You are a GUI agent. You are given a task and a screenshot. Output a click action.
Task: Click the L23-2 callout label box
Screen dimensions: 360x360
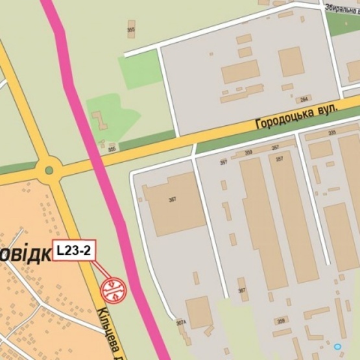coord(74,250)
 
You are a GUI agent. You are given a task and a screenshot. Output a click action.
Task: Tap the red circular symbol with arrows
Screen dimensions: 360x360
coord(114,289)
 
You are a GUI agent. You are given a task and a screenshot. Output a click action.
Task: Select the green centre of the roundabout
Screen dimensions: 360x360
coord(48,171)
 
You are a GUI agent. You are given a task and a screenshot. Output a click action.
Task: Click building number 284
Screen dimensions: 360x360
coord(304,100)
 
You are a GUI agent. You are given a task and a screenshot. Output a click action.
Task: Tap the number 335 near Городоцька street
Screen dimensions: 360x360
coord(332,133)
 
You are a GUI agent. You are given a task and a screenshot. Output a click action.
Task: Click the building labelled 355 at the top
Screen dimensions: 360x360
coord(132,29)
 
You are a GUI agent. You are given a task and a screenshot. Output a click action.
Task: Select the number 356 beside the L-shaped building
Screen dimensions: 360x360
coord(112,149)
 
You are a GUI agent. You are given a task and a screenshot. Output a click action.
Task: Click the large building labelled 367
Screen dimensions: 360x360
coord(172,198)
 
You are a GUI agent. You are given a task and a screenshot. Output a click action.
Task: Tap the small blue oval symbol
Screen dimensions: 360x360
coord(337,347)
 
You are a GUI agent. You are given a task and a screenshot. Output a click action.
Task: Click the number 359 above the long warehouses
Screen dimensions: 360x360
coord(248,153)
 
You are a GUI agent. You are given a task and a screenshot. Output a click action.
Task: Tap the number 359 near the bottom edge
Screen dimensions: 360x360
coord(281,320)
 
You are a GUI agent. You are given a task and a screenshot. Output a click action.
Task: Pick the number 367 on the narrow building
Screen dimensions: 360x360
coord(241,291)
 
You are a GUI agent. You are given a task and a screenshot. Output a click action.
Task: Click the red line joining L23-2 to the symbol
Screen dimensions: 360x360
coord(101,271)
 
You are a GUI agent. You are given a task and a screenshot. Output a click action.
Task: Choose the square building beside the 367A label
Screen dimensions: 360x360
coord(198,311)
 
